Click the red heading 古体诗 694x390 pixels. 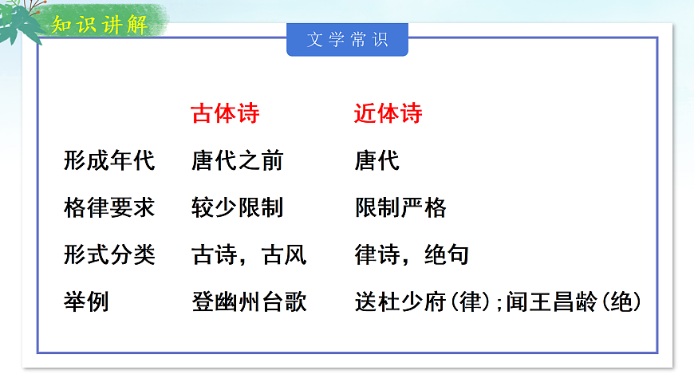(226, 114)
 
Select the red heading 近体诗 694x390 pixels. (388, 114)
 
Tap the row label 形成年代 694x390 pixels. (109, 161)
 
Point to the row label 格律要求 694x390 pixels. (109, 208)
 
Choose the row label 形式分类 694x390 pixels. (109, 255)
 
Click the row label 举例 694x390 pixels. (86, 302)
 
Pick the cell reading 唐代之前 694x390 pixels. (237, 161)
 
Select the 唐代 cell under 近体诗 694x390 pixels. (377, 161)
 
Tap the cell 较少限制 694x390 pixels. (237, 208)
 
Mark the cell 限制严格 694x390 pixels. (400, 208)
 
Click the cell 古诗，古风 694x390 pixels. (249, 255)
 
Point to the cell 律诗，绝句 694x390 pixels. (412, 255)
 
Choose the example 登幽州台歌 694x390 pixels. (249, 302)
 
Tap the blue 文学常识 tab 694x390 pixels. (347, 40)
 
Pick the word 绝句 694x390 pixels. (446, 255)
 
